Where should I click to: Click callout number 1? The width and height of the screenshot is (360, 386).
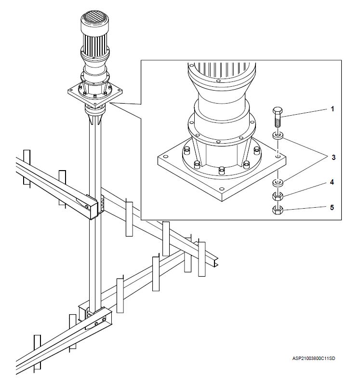coord(332,109)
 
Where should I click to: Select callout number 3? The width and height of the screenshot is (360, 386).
coord(333,157)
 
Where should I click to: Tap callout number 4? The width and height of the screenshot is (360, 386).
coord(332,182)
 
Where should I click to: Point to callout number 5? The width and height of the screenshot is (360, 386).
coord(332,208)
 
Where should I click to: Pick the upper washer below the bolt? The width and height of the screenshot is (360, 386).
coord(278,135)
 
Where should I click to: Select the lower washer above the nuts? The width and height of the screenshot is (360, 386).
coord(278,183)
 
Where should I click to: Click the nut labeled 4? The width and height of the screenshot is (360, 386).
coord(278,197)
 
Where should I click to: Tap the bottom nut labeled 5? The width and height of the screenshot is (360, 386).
coord(278,210)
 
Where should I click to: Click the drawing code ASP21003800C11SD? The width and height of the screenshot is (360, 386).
coord(313,359)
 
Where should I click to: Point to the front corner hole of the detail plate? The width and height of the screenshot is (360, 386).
coord(222,189)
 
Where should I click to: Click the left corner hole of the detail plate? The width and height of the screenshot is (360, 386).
coord(166,157)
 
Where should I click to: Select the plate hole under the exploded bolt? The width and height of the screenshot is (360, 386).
coord(278,156)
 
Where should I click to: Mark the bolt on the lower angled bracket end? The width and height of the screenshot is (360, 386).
coord(96,323)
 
